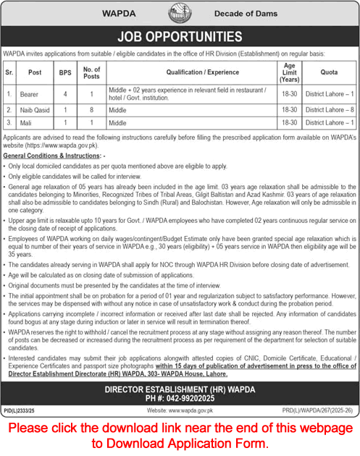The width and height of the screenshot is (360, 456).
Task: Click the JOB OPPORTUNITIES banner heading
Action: [x=180, y=36]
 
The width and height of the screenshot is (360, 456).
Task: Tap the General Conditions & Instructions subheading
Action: [x=54, y=156]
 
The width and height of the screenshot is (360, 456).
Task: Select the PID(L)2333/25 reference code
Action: [x=20, y=410]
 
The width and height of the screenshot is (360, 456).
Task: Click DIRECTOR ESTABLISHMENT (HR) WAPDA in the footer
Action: [x=180, y=388]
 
